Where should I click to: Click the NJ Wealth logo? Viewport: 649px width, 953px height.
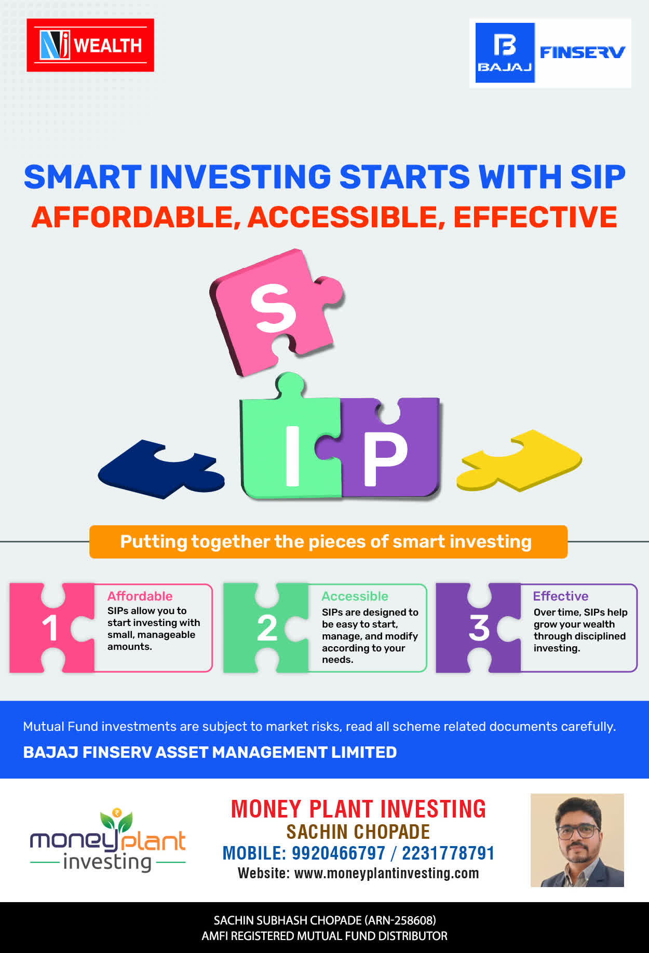click(90, 45)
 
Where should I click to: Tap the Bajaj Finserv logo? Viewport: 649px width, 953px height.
click(550, 53)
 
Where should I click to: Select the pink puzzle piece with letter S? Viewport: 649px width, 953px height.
click(276, 311)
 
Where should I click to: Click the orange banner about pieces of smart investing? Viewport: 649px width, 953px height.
click(328, 542)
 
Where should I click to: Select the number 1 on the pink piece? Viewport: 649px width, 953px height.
click(50, 628)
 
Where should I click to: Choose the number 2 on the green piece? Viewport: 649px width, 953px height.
click(267, 628)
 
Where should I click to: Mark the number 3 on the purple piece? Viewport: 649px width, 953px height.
click(479, 628)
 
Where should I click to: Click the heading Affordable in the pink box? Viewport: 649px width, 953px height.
click(140, 596)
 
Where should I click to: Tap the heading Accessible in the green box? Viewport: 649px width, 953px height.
click(355, 596)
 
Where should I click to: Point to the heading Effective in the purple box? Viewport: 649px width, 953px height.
click(561, 596)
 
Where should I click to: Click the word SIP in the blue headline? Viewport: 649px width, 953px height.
click(598, 177)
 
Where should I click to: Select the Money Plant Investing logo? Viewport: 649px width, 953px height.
click(107, 840)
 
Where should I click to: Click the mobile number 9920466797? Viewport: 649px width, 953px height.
click(339, 853)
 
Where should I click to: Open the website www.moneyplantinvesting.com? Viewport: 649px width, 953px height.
click(386, 874)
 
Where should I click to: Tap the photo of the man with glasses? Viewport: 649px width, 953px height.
click(577, 840)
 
